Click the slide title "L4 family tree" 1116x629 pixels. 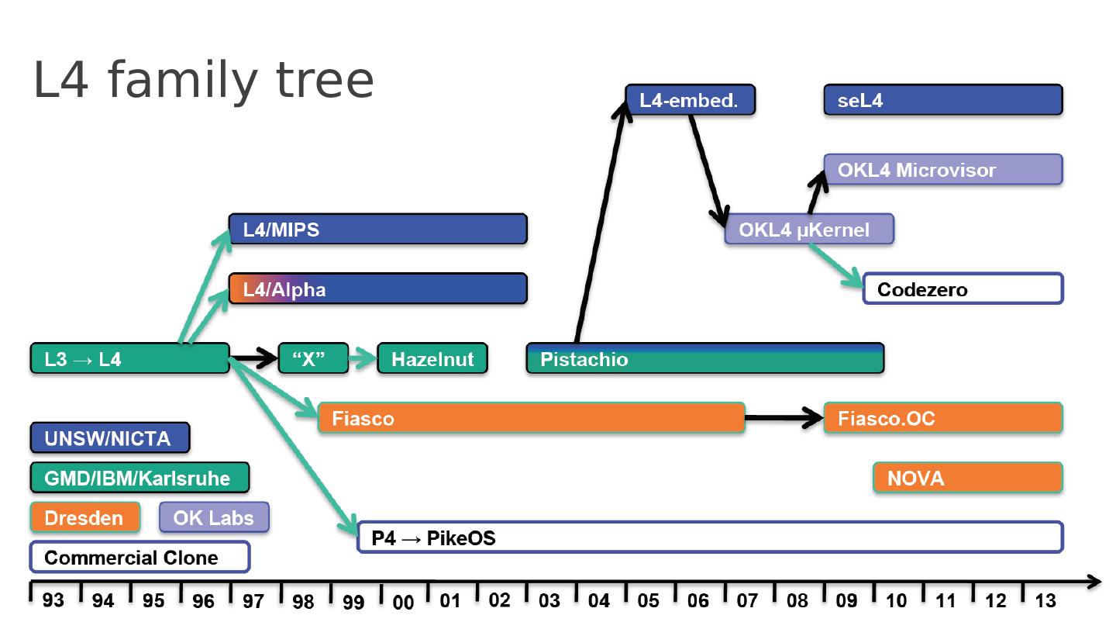pyautogui.click(x=203, y=80)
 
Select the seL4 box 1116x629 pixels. pyautogui.click(x=942, y=100)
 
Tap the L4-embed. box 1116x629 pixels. pyautogui.click(x=690, y=100)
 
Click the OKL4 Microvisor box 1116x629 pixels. pyautogui.click(x=942, y=169)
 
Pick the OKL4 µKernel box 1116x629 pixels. pyautogui.click(x=808, y=230)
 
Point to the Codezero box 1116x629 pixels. pyautogui.click(x=963, y=289)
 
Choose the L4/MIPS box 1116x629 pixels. pyautogui.click(x=377, y=230)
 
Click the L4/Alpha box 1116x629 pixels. pyautogui.click(x=377, y=289)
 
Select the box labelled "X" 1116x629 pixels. pyautogui.click(x=313, y=358)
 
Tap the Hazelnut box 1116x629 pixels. pyautogui.click(x=432, y=358)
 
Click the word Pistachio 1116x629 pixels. pyautogui.click(x=584, y=360)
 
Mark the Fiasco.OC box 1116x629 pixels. pyautogui.click(x=942, y=418)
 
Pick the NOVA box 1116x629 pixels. pyautogui.click(x=967, y=478)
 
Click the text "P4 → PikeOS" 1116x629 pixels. pyautogui.click(x=433, y=537)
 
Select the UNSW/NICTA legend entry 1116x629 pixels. pyautogui.click(x=109, y=438)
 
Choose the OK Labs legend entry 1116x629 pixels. pyautogui.click(x=214, y=517)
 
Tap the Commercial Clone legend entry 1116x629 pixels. pyautogui.click(x=139, y=557)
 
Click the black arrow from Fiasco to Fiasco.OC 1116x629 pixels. pyautogui.click(x=784, y=418)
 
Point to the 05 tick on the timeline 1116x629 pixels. pyautogui.click(x=649, y=600)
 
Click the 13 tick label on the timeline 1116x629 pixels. pyautogui.click(x=1045, y=600)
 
